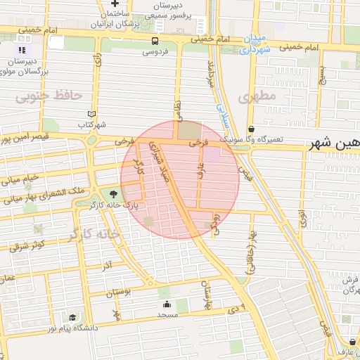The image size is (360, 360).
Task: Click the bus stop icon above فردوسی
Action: coord(154,40)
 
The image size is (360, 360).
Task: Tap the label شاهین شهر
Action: coord(335,143)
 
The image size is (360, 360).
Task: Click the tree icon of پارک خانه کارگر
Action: coord(114,195)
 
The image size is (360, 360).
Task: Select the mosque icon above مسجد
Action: coord(167,304)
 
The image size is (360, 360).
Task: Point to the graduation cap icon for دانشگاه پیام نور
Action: coord(73,318)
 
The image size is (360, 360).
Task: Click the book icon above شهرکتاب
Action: coord(91,114)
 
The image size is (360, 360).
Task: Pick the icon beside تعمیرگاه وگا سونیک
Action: coord(252,129)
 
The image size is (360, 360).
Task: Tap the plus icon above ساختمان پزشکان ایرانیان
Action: coord(115,4)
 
